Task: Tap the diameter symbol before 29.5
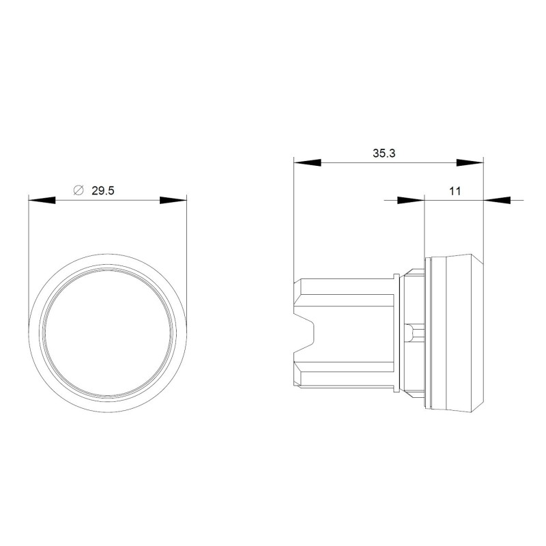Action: tap(77, 192)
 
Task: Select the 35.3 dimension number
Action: tap(384, 154)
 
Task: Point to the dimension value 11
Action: tap(455, 192)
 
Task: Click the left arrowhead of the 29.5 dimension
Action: tap(41, 201)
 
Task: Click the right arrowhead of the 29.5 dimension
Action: tap(173, 201)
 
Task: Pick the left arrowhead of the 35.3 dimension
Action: tap(306, 162)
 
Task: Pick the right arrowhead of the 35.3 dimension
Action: tap(470, 162)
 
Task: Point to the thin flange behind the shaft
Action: tap(398, 334)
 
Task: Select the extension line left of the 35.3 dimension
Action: tap(293, 218)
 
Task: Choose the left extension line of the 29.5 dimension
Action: tap(28, 259)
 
